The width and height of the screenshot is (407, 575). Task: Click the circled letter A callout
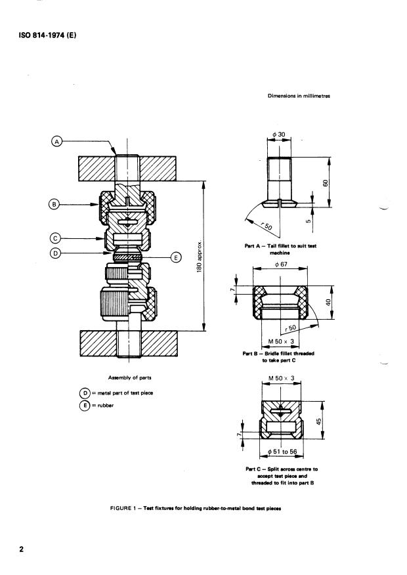56,141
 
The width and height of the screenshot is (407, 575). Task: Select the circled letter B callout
54,204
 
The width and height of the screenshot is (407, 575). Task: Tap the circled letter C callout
54,238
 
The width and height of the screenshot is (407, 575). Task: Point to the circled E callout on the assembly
176,258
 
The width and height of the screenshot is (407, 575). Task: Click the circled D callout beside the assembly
54,253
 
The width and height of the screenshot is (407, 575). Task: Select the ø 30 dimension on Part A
279,134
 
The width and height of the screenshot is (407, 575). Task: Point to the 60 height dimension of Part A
325,183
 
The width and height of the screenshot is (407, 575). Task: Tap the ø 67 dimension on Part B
281,264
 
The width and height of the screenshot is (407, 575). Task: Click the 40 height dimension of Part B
328,303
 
